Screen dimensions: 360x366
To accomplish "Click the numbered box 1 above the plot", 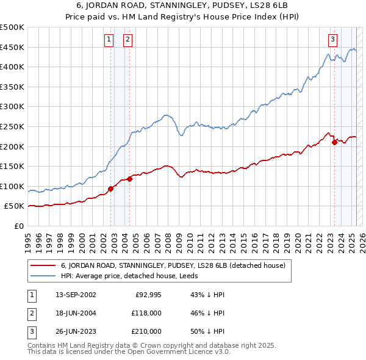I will coord(108,40).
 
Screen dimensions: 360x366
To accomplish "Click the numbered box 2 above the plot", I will coord(127,40).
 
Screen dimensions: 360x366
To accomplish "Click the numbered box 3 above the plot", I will coord(332,40).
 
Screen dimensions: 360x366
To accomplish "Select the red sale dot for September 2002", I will coord(110,189).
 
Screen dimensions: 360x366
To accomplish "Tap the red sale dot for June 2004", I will coord(129,179).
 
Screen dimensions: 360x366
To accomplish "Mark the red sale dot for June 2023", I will coord(334,142).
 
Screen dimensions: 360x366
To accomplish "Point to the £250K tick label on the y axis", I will coord(12,126).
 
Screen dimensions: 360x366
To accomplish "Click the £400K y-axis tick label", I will coord(12,67).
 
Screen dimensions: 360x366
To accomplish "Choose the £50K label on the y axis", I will coord(14,206).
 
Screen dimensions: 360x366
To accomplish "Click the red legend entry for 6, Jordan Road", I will coord(177,266).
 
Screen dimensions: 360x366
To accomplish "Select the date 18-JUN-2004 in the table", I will coord(76,312).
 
